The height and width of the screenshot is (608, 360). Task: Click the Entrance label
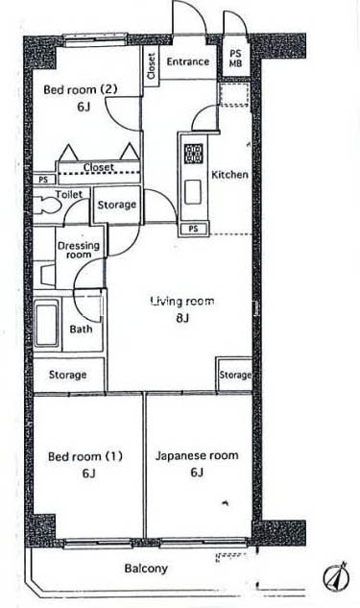pos(188,61)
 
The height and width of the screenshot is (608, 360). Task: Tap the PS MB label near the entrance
pos(235,59)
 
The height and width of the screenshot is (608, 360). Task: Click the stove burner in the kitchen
pos(193,154)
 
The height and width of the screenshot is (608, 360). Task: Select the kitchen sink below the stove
pos(193,192)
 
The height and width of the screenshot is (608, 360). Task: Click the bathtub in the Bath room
pos(47,323)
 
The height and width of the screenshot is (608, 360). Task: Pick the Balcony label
pos(146,569)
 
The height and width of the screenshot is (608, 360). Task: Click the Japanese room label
pos(197,455)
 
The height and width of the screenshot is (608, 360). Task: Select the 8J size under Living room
pos(182,318)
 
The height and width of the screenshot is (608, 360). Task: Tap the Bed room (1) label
pos(85,456)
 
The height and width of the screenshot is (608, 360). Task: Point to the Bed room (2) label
pos(81,89)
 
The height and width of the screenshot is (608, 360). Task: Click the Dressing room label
pos(79,250)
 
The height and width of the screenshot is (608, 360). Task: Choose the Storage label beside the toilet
pos(117,205)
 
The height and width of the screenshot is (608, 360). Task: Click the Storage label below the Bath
pos(67,375)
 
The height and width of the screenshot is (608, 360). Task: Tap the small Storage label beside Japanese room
pos(235,375)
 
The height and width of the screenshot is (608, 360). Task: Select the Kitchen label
pos(229,175)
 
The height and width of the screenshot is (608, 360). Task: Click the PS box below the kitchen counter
pos(193,229)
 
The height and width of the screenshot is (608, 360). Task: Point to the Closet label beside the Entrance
pos(152,65)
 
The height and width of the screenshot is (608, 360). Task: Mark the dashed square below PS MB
pos(234,94)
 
